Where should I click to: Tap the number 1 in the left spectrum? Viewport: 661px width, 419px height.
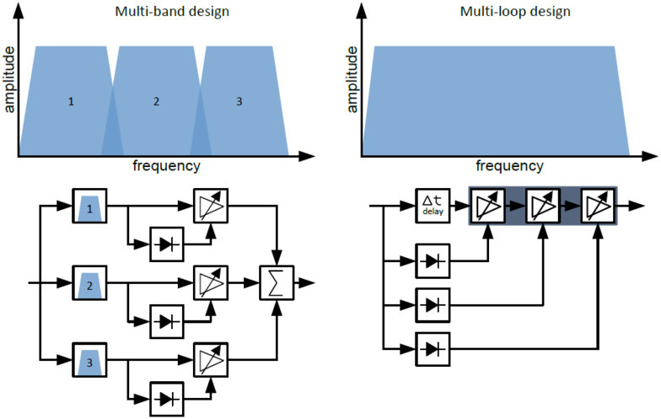pos(72,101)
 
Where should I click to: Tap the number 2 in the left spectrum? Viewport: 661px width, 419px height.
pos(156,101)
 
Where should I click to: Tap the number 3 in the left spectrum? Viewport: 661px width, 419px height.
pos(239,101)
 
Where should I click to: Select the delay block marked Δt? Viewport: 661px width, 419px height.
pos(434,205)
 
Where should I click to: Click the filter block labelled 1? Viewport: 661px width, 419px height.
pos(89,205)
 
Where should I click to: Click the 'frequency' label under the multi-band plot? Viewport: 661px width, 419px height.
pos(166,165)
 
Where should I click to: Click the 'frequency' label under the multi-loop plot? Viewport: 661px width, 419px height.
pos(510,165)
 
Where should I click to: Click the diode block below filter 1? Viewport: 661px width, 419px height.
pos(165,244)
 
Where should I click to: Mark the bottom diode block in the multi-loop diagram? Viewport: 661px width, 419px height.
pos(434,347)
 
